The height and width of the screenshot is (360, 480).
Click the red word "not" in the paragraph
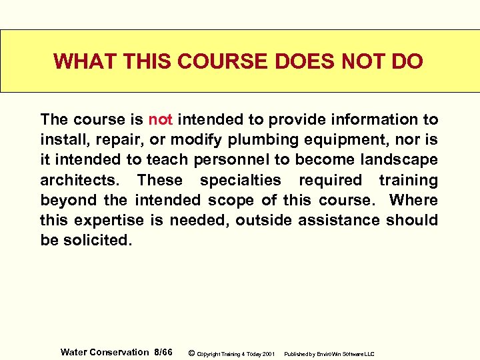pos(161,120)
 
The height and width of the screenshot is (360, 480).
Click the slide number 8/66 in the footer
pos(163,352)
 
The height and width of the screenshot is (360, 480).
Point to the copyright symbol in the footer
pos(191,353)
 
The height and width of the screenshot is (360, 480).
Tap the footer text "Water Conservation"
pos(105,352)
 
